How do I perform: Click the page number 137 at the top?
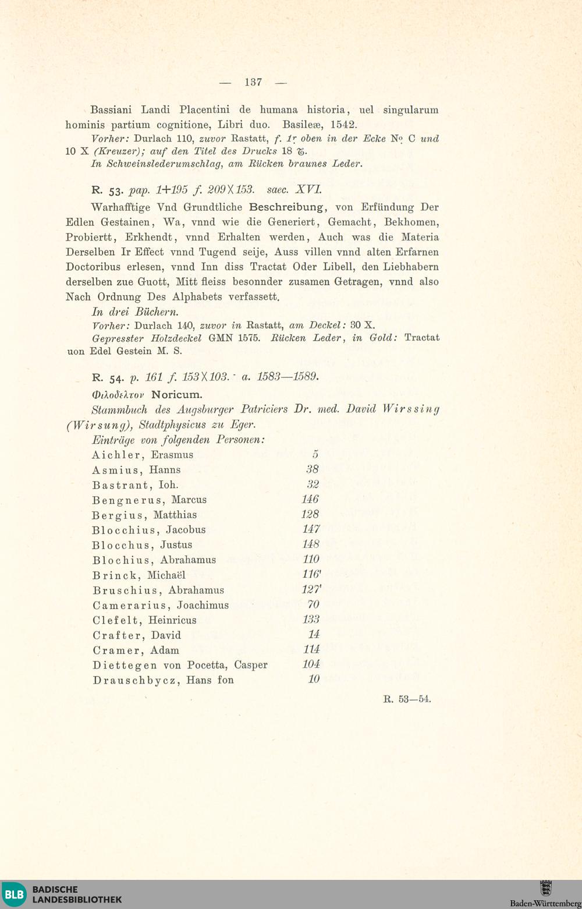253,82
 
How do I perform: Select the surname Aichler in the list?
117,455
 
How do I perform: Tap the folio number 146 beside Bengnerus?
310,499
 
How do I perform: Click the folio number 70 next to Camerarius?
313,604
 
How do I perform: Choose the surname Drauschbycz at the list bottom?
136,680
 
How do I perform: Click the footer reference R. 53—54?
407,699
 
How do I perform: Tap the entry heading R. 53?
105,190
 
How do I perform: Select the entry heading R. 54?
105,377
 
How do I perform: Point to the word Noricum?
176,394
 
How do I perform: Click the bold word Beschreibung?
286,207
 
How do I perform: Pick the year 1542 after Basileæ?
343,125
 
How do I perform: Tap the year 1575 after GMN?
249,337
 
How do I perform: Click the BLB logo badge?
15,894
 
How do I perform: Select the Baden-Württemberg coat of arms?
545,889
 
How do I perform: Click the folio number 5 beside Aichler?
315,454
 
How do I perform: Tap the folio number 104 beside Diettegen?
311,664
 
